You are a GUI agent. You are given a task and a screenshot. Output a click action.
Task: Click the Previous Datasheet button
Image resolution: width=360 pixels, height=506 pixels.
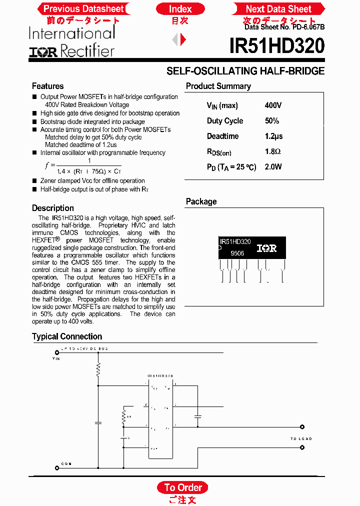(83, 8)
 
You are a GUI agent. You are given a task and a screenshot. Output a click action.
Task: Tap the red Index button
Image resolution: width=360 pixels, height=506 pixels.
(180, 8)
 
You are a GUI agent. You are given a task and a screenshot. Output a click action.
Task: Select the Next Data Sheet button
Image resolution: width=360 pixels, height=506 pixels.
(278, 8)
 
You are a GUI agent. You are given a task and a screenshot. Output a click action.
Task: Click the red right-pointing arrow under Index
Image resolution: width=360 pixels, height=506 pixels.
(183, 39)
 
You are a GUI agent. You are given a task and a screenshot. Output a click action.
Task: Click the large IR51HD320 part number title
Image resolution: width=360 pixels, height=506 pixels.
(276, 46)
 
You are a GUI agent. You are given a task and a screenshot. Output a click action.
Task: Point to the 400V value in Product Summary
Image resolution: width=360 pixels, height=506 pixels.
(273, 105)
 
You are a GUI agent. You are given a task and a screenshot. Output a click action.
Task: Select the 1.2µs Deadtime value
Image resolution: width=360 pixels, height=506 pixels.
(273, 136)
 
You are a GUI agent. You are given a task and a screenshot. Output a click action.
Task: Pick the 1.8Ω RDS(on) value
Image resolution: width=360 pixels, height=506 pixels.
(272, 151)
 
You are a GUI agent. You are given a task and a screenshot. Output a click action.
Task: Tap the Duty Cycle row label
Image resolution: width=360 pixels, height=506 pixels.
(225, 121)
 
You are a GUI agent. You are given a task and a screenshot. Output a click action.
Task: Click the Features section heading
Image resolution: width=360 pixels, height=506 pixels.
(47, 86)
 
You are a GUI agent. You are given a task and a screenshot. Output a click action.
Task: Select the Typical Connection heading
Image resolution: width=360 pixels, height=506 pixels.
(67, 336)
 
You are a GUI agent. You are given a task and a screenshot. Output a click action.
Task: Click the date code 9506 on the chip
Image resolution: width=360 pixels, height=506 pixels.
(237, 253)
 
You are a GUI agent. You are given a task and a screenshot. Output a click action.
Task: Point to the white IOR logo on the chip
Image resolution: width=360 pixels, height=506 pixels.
(266, 248)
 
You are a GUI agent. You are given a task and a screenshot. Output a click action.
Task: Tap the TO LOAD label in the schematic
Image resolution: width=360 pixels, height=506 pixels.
(301, 438)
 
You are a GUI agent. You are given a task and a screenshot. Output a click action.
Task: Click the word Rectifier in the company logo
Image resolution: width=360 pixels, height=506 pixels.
(87, 50)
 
